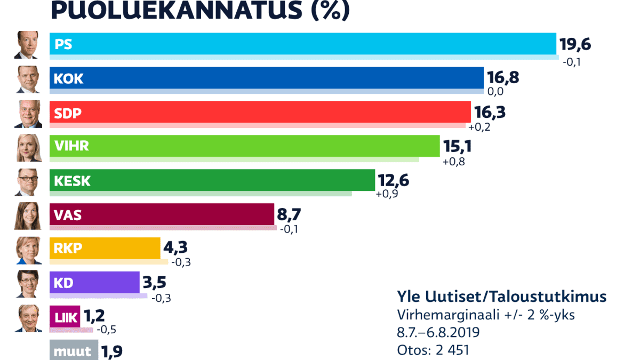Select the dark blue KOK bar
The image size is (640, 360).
pyautogui.click(x=267, y=78)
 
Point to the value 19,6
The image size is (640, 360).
pyautogui.click(x=575, y=44)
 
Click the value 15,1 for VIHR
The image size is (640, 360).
pyautogui.click(x=457, y=146)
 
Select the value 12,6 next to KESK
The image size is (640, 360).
pyautogui.click(x=393, y=180)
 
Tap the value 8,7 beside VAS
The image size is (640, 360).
pyautogui.click(x=289, y=214)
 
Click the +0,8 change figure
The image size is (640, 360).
pyautogui.click(x=454, y=162)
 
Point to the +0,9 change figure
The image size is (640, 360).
pyautogui.click(x=387, y=194)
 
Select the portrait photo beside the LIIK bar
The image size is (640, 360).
pyautogui.click(x=28, y=318)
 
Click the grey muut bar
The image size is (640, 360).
pyautogui.click(x=74, y=350)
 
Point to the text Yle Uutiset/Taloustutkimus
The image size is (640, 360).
pyautogui.click(x=501, y=297)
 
